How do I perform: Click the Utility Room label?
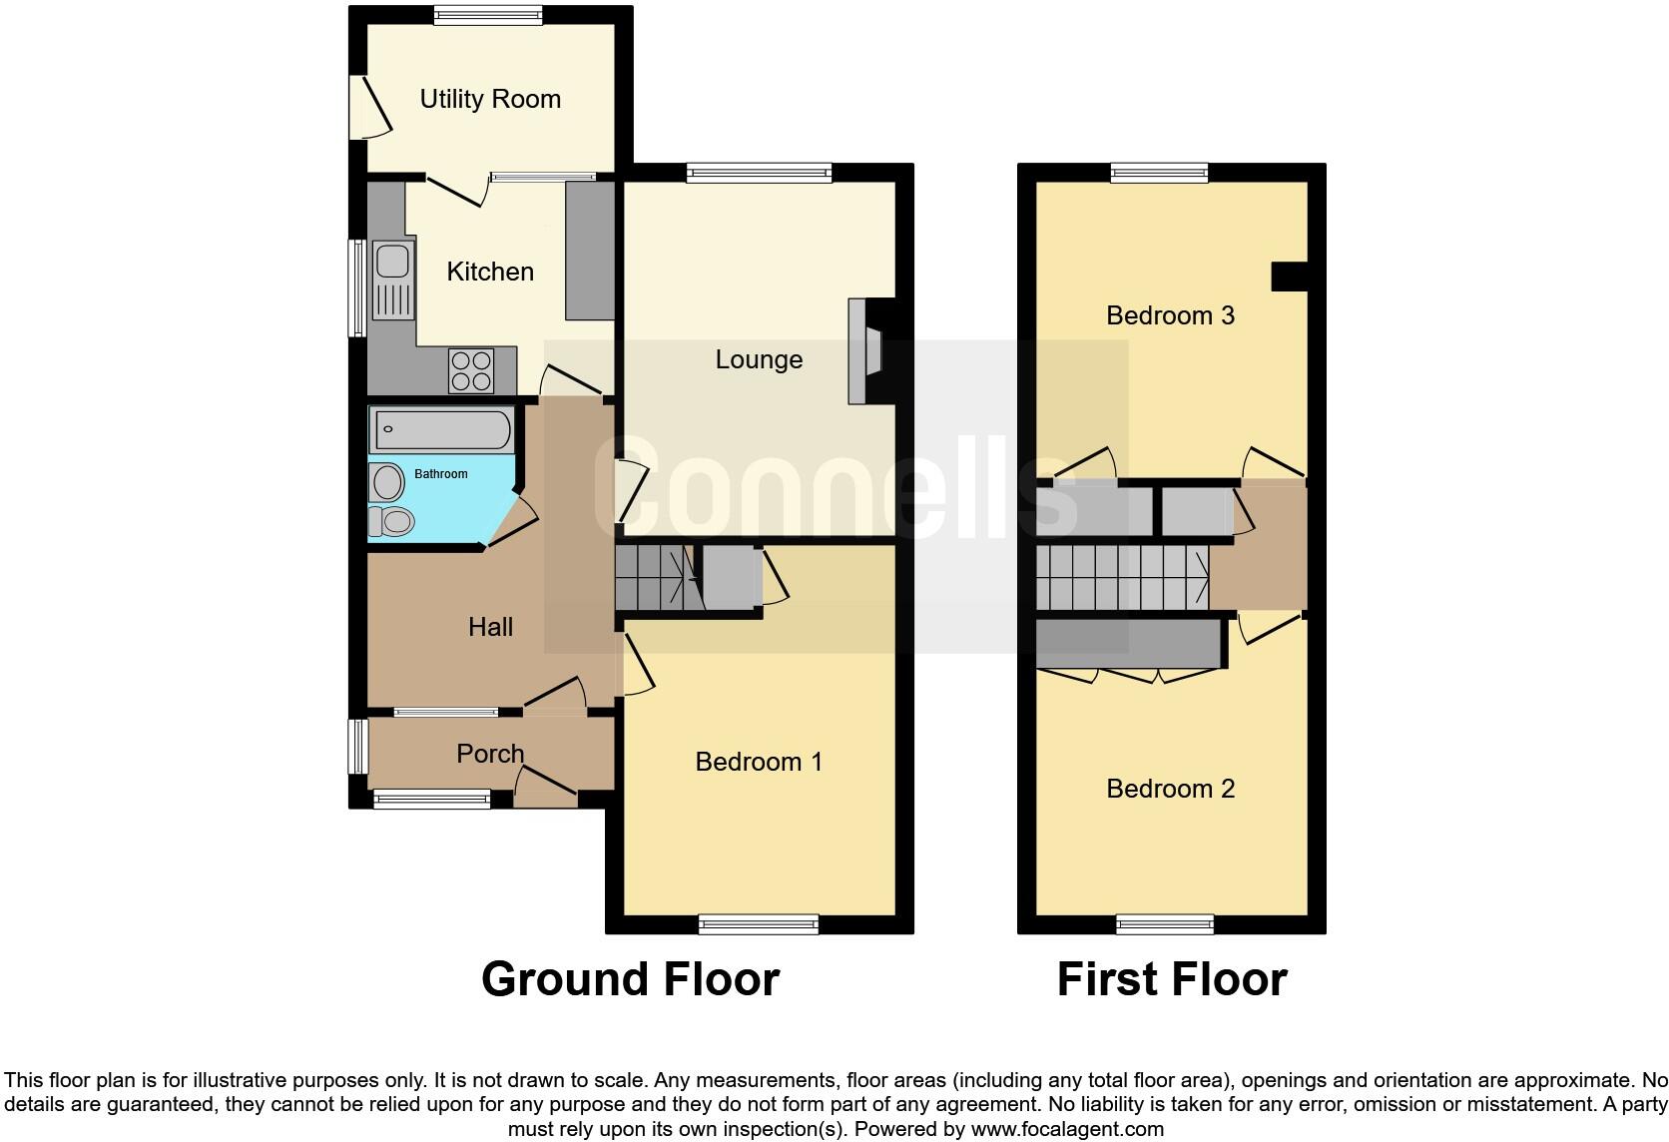coord(489,99)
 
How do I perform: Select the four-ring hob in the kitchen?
coord(471,369)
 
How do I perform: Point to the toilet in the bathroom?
coord(391,520)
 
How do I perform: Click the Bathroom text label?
coord(440,474)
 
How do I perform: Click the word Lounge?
coord(759,359)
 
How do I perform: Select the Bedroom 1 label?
coord(759,762)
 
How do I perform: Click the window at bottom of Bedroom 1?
coord(759,924)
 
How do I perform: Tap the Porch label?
coord(489,754)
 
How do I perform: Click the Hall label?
coord(490,627)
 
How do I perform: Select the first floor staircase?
coord(1122,577)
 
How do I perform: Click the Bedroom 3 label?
coord(1170,315)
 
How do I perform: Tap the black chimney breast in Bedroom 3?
coord(1289,276)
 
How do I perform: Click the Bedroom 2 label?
coord(1170,789)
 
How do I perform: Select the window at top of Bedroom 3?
coord(1160,173)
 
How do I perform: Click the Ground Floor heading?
coord(630,979)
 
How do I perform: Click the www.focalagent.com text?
coord(1067,1130)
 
